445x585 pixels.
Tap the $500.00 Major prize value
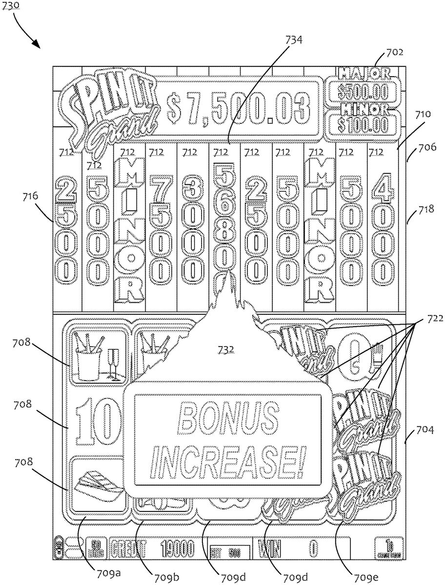[x=362, y=92]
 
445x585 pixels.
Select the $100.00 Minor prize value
[x=362, y=124]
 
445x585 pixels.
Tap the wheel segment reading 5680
[x=223, y=218]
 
